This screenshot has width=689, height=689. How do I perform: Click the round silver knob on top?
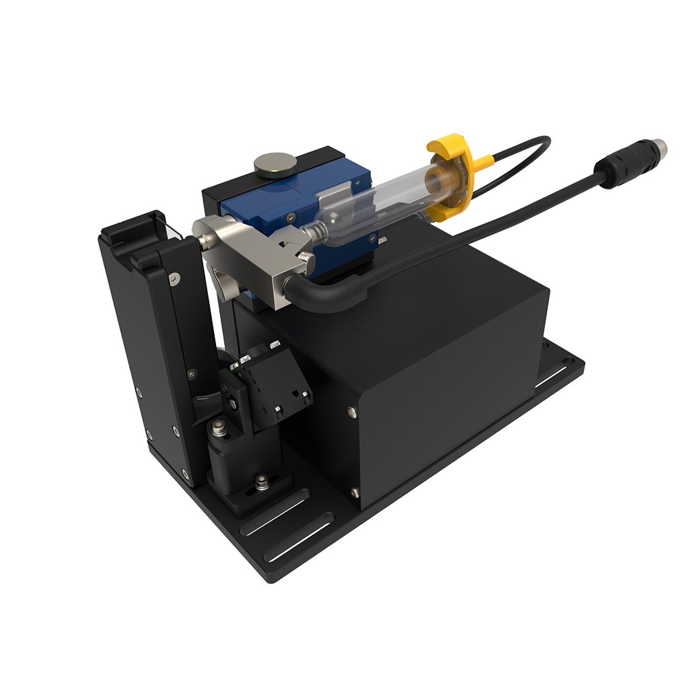click(x=274, y=164)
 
